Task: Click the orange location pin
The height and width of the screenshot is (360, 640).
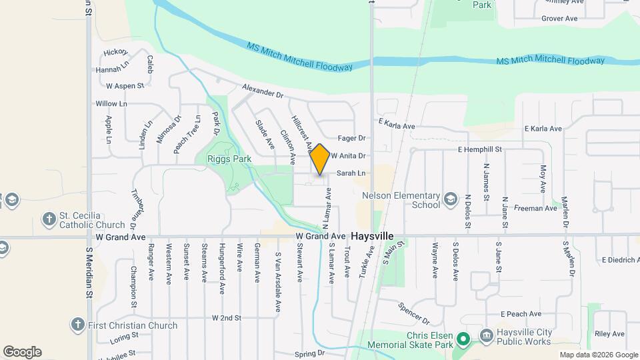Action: click(x=320, y=159)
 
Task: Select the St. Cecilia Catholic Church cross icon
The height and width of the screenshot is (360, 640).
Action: click(x=49, y=219)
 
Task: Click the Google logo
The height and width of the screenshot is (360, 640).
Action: click(x=22, y=352)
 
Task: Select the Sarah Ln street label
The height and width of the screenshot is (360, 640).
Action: click(x=351, y=173)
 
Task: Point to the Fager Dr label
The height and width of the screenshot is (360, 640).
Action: click(x=352, y=138)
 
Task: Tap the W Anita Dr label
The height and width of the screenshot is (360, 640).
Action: click(x=349, y=155)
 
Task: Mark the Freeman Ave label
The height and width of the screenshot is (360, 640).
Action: click(x=535, y=208)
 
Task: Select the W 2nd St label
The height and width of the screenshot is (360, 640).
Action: click(x=226, y=318)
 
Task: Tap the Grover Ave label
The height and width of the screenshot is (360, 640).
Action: click(x=559, y=19)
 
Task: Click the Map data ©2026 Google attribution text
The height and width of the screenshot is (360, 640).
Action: click(x=598, y=355)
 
